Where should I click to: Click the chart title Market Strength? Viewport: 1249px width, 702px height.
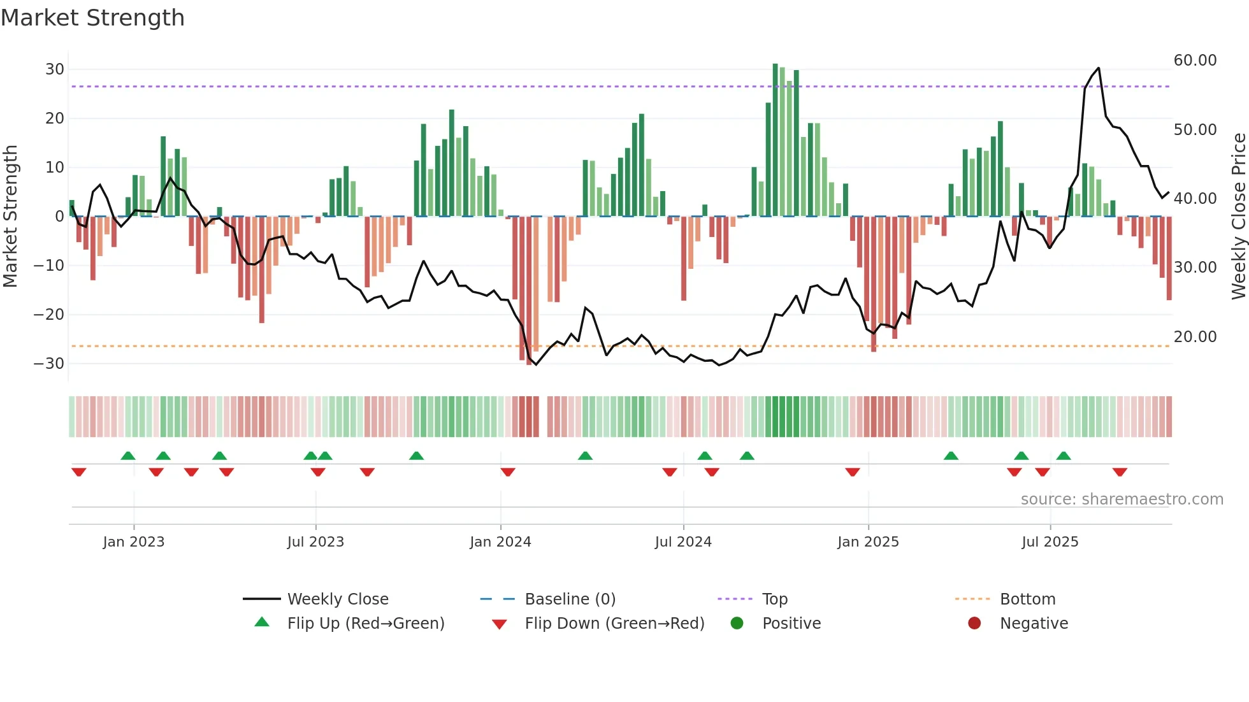pos(92,18)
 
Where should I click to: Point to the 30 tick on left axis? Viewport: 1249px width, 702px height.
pos(55,69)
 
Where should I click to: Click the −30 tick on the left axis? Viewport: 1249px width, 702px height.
pos(49,364)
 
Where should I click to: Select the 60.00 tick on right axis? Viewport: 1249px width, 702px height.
pos(1195,61)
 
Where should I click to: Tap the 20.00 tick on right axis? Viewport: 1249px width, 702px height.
pos(1195,337)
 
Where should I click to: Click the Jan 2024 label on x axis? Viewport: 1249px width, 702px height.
pos(500,542)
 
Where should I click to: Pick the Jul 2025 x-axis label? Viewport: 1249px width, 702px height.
pos(1050,542)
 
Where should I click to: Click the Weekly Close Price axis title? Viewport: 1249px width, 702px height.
pos(1238,217)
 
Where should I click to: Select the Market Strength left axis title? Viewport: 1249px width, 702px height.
pos(10,217)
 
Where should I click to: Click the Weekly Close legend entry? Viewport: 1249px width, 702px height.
pos(337,599)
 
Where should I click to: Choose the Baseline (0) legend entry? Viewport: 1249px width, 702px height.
pos(570,599)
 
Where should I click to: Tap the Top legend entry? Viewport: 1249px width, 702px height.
pos(774,599)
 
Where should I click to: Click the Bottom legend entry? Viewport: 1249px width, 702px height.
pos(1027,599)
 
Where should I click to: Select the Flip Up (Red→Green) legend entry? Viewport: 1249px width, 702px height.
pos(365,624)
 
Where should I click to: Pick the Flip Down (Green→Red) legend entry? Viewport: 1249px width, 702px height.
pos(614,624)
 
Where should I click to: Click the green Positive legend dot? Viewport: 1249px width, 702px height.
pos(737,624)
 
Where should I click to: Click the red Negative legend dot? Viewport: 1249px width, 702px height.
pos(974,624)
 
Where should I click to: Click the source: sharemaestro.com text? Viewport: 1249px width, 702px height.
pos(1122,499)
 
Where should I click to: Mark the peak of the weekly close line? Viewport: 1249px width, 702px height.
pos(1098,68)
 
